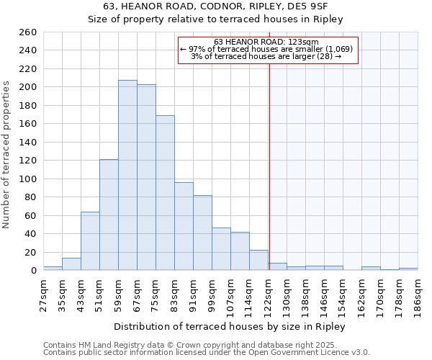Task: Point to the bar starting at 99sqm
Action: point(221,249)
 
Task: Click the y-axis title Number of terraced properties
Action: point(6,155)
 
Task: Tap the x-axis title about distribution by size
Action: point(230,327)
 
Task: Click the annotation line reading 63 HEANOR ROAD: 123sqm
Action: point(266,42)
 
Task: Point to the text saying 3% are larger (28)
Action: point(266,56)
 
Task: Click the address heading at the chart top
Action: point(215,6)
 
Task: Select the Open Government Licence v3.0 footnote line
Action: point(206,353)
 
